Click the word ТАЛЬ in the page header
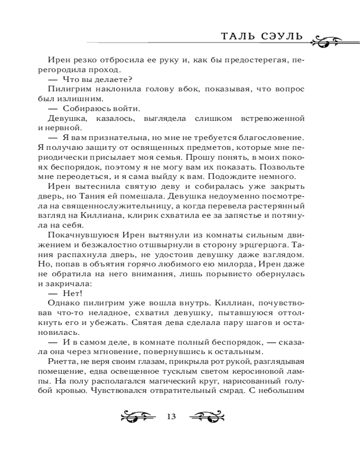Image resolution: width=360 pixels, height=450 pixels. (239, 36)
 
